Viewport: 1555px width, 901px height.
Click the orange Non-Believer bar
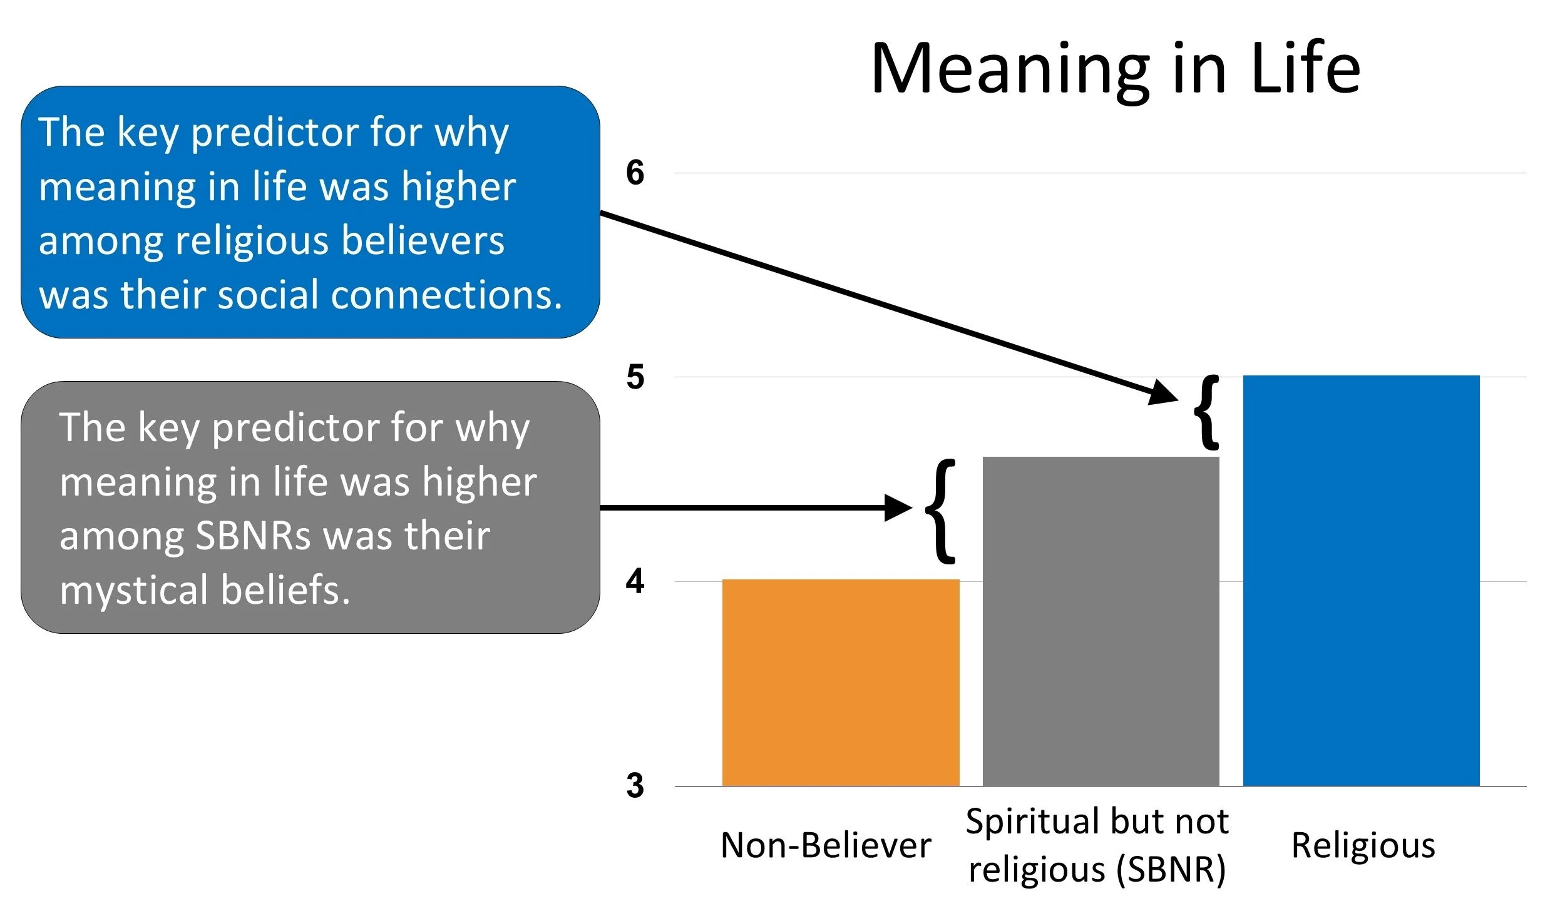pos(840,682)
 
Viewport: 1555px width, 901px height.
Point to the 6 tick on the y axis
pos(635,173)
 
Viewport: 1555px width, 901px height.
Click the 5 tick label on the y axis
pos(635,377)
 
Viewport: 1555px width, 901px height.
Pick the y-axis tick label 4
pos(635,581)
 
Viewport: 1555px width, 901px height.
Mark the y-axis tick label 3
pos(635,786)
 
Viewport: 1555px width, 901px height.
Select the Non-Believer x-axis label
pos(826,846)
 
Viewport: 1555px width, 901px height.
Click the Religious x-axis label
pos(1363,846)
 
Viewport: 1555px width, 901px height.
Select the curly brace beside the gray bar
pos(941,511)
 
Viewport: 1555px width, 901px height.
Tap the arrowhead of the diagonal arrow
pos(1164,393)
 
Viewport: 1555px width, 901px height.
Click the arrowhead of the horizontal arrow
pos(898,507)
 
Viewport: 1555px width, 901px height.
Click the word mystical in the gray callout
pos(134,590)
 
